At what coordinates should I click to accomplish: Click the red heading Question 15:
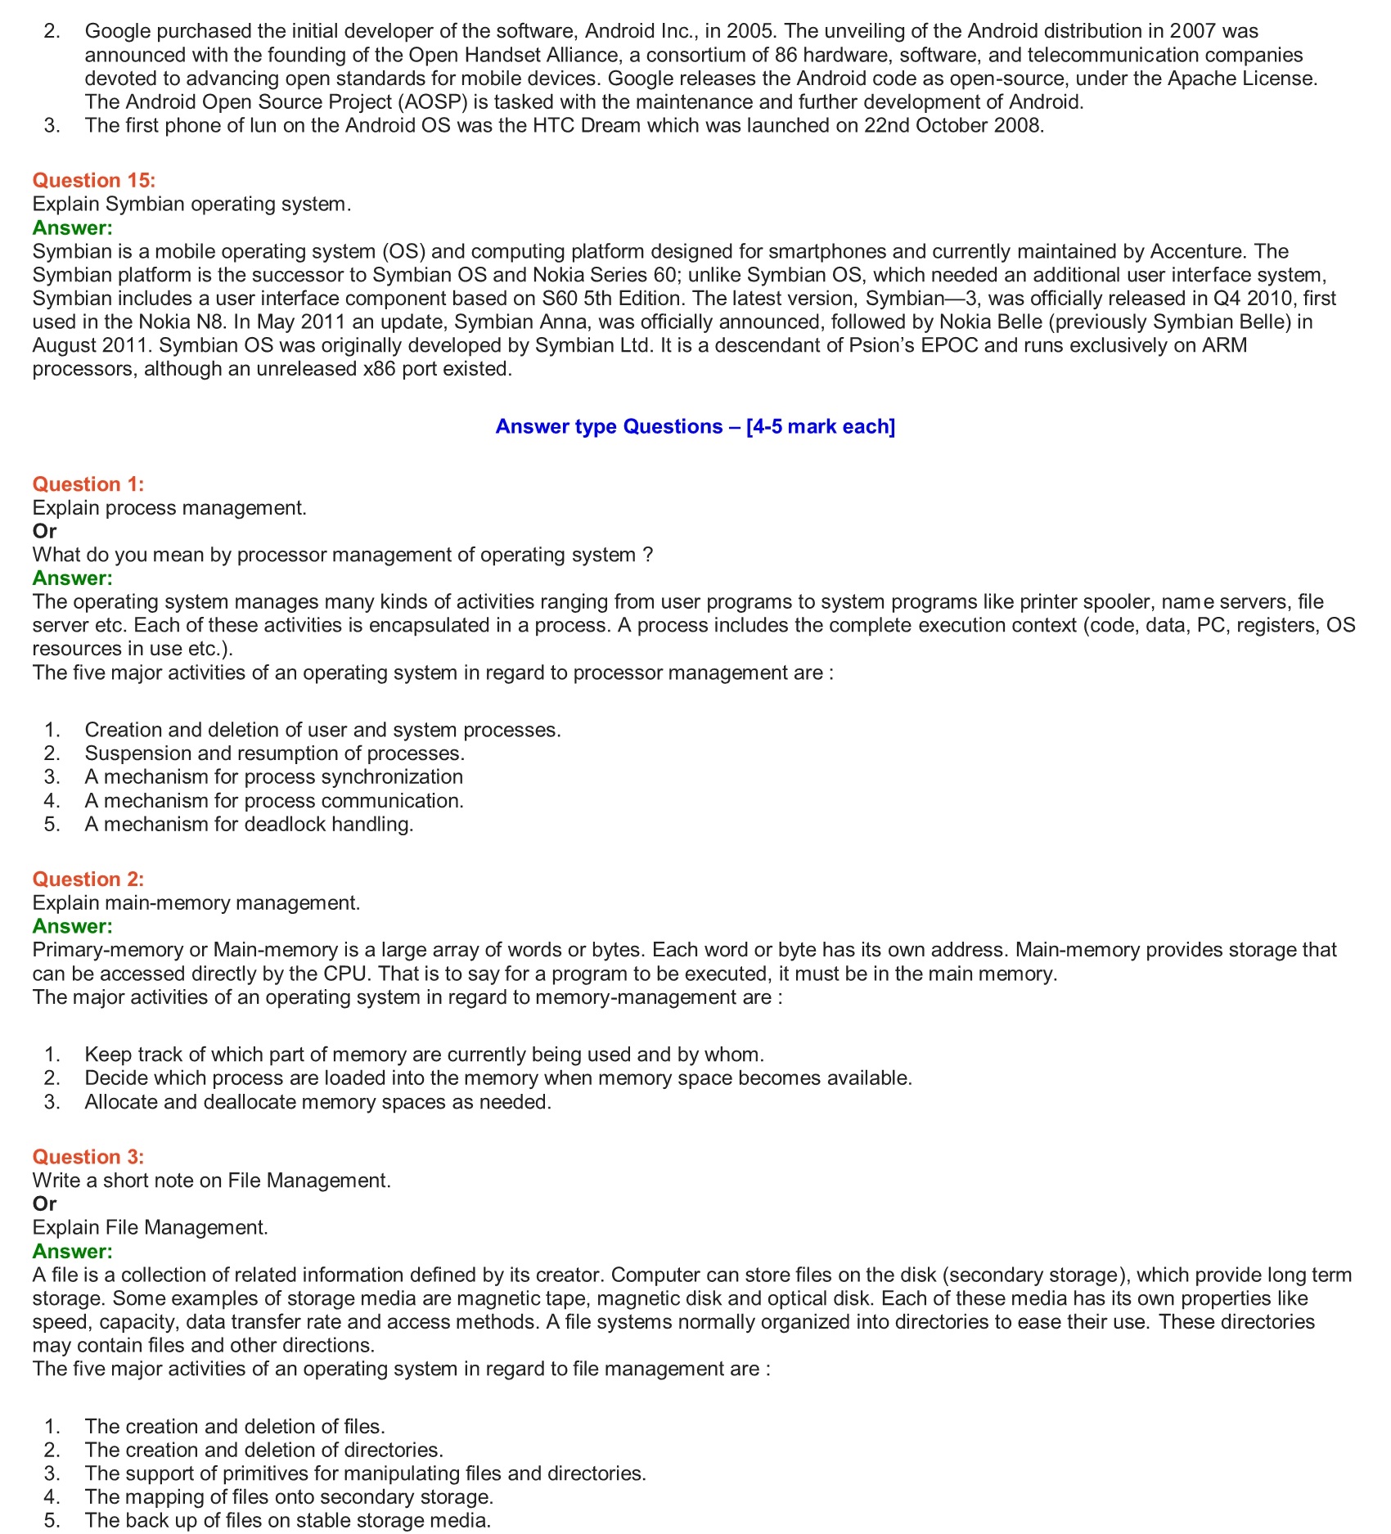coord(93,180)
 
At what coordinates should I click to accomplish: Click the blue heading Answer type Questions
coord(609,426)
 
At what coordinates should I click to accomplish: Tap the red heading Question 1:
coord(88,484)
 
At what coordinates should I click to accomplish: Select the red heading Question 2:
coord(88,879)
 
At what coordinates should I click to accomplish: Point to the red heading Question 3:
coord(88,1157)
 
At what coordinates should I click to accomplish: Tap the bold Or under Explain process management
coord(44,531)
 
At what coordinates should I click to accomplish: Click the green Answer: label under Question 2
coord(72,926)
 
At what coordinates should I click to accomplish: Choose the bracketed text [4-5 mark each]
coord(821,426)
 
